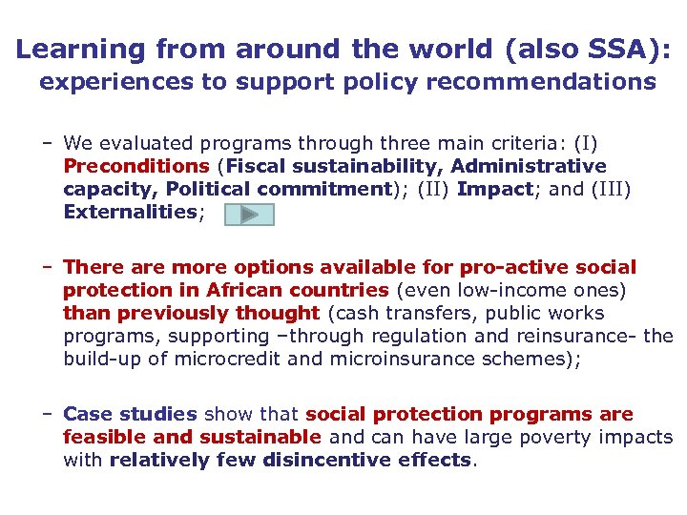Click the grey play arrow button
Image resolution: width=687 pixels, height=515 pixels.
coord(249,215)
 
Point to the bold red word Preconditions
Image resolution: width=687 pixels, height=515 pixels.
coord(135,166)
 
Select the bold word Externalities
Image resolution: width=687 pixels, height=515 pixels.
coord(130,212)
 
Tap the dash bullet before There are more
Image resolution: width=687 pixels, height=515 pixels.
coord(47,267)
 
